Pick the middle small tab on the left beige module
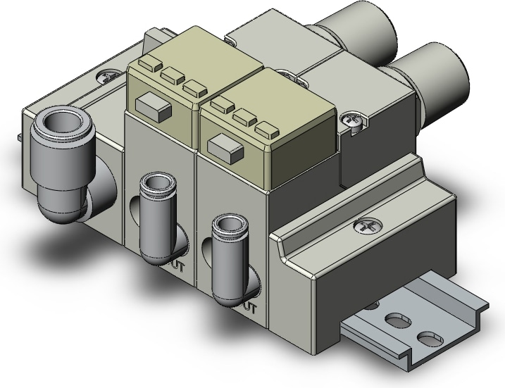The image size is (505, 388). [x=172, y=73]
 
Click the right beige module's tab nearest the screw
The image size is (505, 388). [x=267, y=130]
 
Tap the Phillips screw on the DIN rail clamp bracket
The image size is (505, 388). [x=368, y=226]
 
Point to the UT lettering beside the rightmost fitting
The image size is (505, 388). [x=250, y=307]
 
